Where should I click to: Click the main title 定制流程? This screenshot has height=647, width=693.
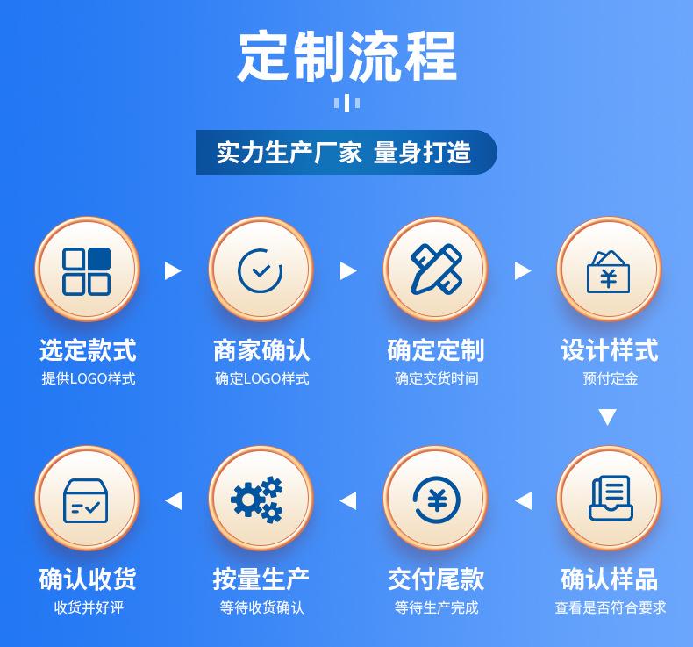click(346, 56)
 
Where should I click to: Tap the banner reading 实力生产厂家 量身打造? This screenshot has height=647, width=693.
click(345, 153)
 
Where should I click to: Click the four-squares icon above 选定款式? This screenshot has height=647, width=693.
click(87, 270)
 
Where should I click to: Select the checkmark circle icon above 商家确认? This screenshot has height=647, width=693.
click(261, 270)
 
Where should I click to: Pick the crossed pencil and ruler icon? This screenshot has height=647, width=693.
click(435, 270)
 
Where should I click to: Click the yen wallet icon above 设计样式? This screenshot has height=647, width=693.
click(609, 270)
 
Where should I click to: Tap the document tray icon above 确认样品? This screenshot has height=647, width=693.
click(609, 499)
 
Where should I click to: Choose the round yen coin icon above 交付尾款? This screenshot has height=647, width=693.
click(435, 499)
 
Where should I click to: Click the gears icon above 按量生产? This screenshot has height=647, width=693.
click(261, 499)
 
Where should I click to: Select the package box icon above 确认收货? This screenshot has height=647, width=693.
click(87, 499)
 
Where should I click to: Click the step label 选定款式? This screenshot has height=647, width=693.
click(88, 350)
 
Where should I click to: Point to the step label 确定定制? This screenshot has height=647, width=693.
click(435, 350)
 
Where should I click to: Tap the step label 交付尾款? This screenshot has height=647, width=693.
click(435, 579)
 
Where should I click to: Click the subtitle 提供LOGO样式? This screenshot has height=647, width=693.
click(88, 379)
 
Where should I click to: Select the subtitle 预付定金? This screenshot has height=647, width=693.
click(609, 379)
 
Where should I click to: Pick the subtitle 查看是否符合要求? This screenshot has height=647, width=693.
click(609, 607)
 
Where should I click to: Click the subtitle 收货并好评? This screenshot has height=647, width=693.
click(88, 607)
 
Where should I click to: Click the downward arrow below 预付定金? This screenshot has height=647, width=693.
click(607, 417)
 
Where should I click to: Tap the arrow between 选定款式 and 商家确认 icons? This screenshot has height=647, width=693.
click(173, 270)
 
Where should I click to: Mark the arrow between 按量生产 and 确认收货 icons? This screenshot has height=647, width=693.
click(174, 500)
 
